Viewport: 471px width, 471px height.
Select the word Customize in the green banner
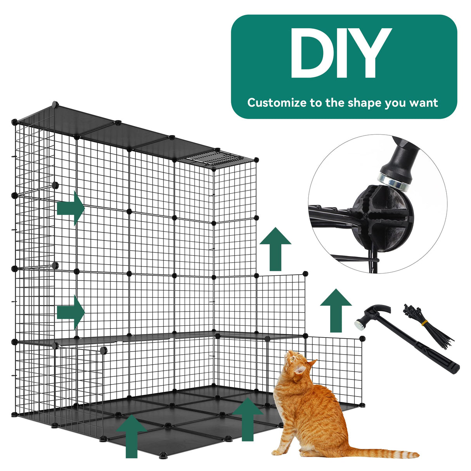(x=277, y=103)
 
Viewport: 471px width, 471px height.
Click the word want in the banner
(x=423, y=103)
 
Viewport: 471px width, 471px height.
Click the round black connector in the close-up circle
(x=382, y=221)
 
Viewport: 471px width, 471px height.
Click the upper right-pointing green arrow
(x=71, y=208)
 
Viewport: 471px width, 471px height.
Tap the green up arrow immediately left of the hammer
(x=336, y=310)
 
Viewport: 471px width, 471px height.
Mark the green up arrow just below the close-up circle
(x=275, y=249)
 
